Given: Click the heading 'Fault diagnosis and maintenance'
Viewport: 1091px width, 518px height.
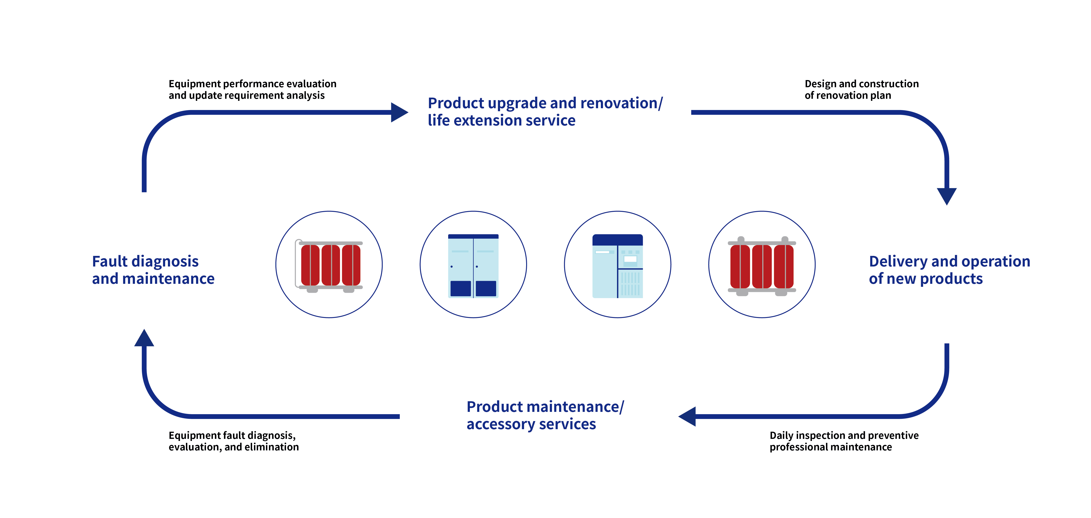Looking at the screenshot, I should (x=153, y=270).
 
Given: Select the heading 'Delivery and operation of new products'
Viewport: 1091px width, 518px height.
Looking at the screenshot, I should (x=949, y=270).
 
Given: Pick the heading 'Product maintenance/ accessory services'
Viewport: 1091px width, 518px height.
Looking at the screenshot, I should (x=545, y=415).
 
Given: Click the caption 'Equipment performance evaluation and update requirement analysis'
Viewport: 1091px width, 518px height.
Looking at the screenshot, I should (x=252, y=89).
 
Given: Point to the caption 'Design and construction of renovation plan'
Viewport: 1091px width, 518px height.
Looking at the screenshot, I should (x=861, y=89).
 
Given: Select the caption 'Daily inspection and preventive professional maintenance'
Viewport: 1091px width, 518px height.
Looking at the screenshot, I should (x=844, y=441).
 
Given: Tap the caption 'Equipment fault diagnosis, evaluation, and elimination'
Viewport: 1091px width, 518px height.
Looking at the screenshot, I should (x=233, y=441).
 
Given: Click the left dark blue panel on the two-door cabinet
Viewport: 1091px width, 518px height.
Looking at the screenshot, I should (x=460, y=288).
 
